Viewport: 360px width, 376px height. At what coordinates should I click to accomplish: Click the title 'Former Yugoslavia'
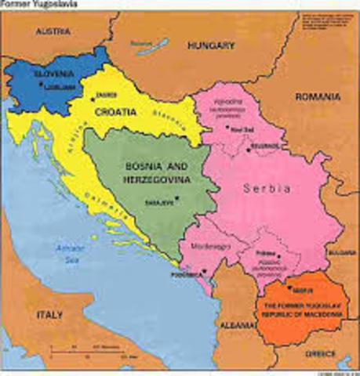click(x=33, y=5)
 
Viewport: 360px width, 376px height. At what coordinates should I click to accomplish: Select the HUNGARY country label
click(x=211, y=45)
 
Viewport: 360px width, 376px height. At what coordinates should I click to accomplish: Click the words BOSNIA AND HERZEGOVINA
click(x=158, y=172)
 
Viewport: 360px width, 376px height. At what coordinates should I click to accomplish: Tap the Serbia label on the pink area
click(x=267, y=189)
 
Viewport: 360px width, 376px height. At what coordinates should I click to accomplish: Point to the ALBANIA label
click(x=233, y=324)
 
